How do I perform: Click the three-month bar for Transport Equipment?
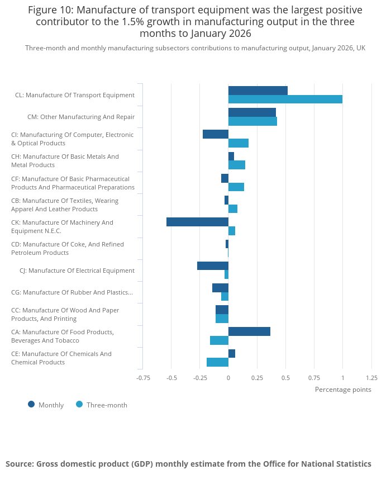(285, 99)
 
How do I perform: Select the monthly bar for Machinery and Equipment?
(198, 222)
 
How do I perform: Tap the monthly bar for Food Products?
(249, 331)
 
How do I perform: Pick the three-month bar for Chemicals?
(218, 362)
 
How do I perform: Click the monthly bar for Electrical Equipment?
(213, 266)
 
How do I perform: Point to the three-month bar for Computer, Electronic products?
(239, 143)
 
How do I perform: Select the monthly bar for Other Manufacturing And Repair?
(252, 112)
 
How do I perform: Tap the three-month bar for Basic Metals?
(237, 165)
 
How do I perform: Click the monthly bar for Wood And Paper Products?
(222, 310)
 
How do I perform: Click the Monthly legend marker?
(31, 405)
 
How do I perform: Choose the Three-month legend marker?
(79, 405)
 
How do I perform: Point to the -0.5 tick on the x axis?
(171, 378)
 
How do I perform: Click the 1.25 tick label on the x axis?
(372, 378)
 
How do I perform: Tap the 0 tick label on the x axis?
(228, 378)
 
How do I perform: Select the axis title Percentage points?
(343, 390)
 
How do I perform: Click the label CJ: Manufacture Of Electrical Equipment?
(77, 271)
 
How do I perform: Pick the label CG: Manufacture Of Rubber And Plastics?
(72, 292)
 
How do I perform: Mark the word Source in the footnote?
(20, 464)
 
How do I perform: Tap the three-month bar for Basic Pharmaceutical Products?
(236, 187)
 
